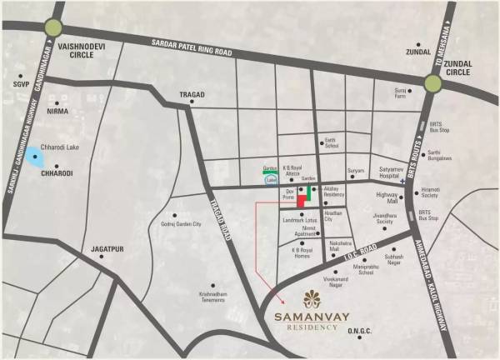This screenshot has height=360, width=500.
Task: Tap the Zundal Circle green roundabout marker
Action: click(433, 82)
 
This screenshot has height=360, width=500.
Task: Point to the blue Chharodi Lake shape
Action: click(35, 155)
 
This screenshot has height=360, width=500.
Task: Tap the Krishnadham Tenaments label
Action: click(197, 297)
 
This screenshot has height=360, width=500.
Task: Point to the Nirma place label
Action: click(58, 111)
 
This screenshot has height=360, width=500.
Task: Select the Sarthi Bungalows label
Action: click(439, 155)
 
